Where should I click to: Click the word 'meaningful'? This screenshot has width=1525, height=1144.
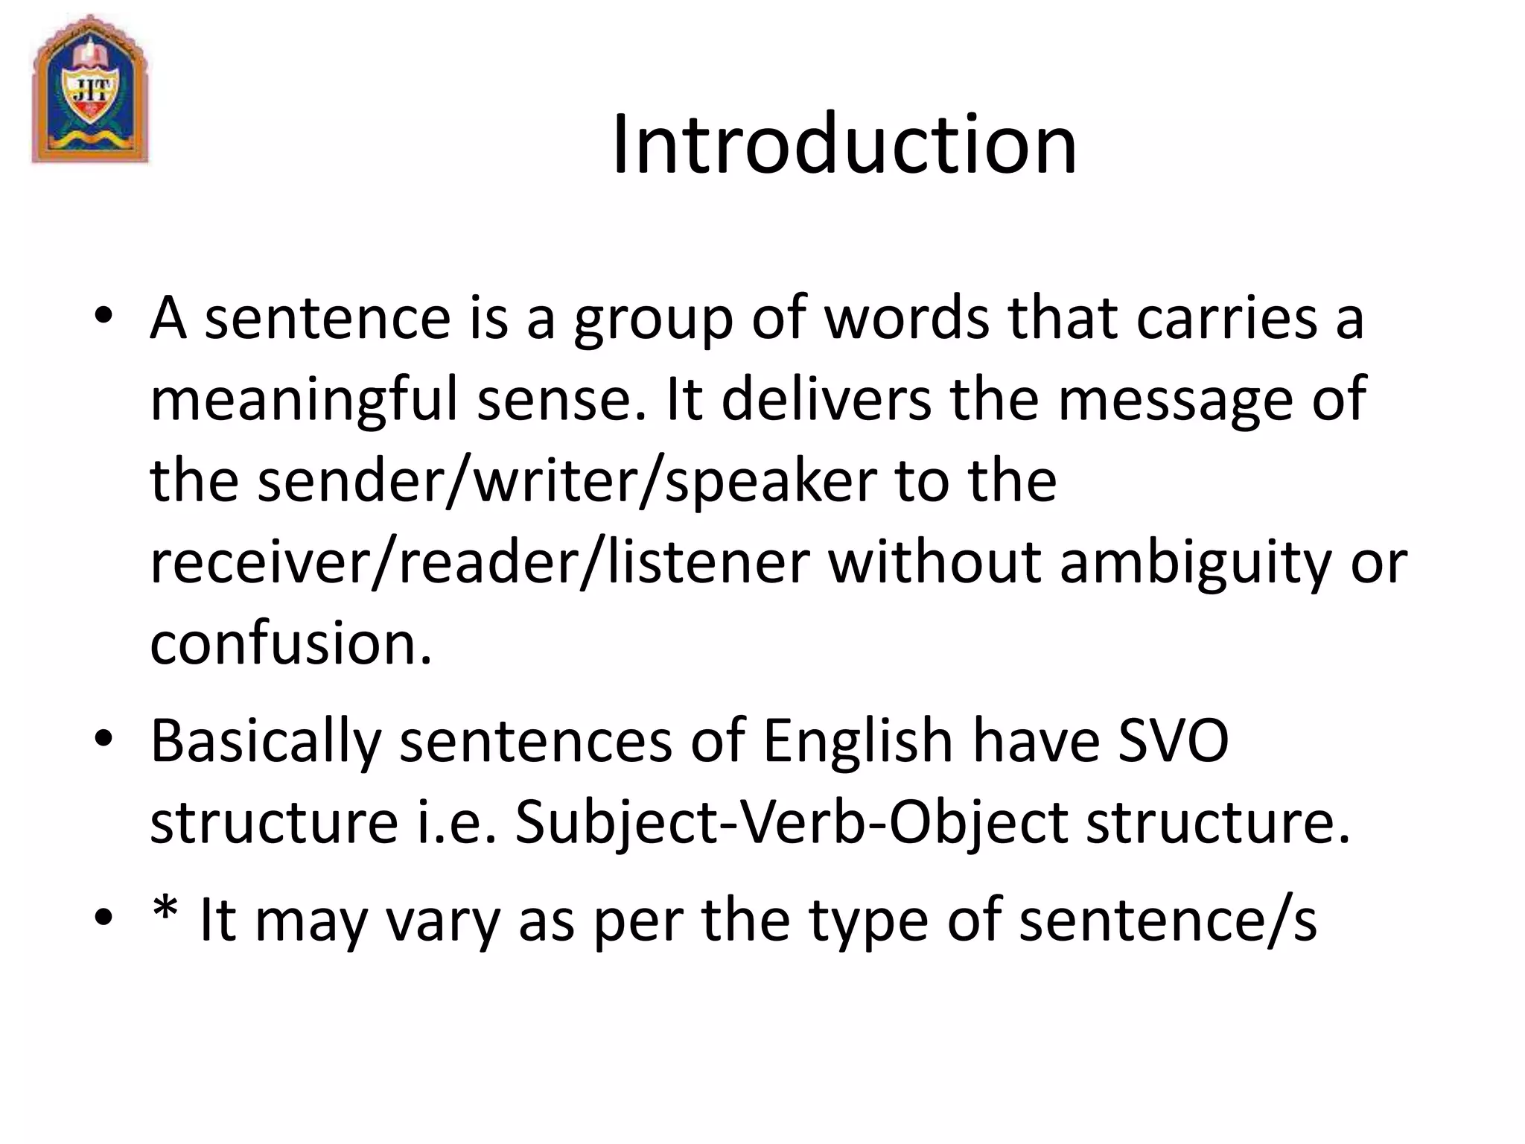[304, 401]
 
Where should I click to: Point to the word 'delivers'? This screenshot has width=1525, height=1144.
[826, 399]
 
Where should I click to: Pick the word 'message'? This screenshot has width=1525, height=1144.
[1176, 401]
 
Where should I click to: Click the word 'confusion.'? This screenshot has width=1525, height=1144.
[291, 643]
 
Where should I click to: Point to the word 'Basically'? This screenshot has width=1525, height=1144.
[266, 743]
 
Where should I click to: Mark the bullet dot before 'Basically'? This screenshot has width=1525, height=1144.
[104, 740]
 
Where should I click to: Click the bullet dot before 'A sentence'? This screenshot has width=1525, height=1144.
[104, 316]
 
